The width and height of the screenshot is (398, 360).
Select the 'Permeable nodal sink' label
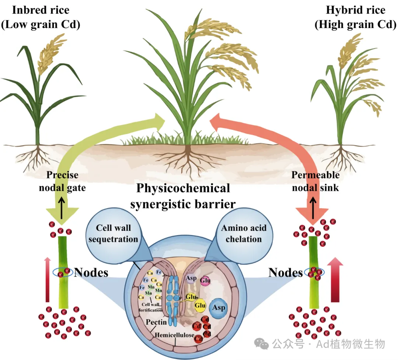point(315,181)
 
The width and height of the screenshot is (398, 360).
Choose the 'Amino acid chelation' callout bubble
point(244,233)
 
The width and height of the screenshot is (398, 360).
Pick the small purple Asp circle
point(191,278)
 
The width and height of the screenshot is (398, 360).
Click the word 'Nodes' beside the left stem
point(91,273)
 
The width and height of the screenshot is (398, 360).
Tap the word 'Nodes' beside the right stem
point(285,273)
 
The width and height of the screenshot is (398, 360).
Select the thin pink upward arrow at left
point(47,280)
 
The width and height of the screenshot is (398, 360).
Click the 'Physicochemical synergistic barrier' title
point(183,196)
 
